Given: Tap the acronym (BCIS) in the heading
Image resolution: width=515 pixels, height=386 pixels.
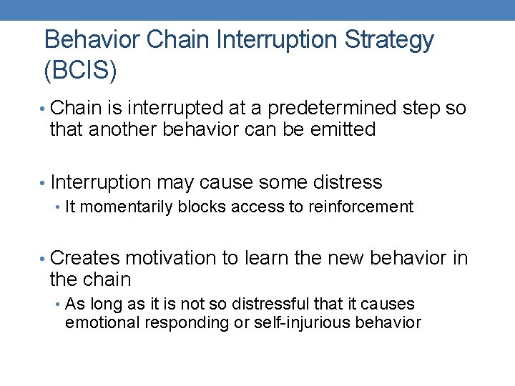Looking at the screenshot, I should pos(80,70).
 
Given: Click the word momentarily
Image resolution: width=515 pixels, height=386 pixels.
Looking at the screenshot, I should pos(126,207).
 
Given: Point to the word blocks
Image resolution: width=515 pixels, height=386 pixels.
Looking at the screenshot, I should pos(197,207).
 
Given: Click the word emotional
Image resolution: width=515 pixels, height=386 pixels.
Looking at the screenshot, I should pos(102,322).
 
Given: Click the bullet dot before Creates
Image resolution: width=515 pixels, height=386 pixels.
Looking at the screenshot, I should pos(44,258).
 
